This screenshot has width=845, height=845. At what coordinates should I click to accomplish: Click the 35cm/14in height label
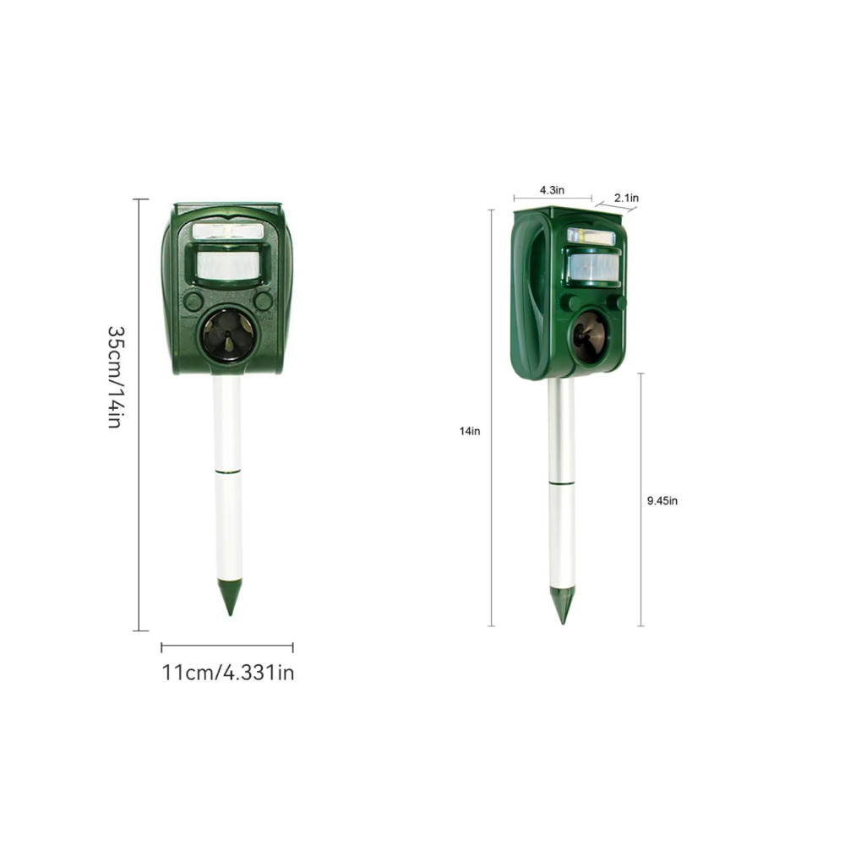(x=116, y=377)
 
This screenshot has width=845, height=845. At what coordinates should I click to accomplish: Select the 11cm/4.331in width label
(x=228, y=673)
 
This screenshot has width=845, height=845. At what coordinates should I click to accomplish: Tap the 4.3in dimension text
(x=552, y=189)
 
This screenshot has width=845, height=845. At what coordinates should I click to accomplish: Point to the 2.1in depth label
(x=626, y=198)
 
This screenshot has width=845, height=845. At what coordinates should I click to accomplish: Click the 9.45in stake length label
(x=662, y=500)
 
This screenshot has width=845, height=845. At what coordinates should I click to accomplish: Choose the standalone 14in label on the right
(x=469, y=431)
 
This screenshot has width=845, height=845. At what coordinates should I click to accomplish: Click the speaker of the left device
(x=228, y=335)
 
